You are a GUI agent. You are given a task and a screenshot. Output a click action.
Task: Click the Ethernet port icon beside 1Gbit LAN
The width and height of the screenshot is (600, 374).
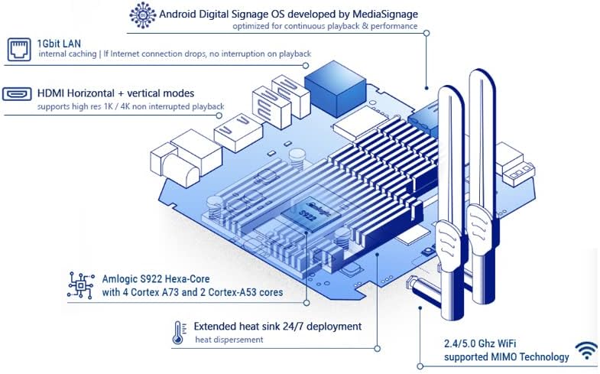click(x=19, y=50)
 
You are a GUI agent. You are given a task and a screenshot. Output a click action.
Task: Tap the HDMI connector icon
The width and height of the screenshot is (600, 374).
click(x=17, y=94)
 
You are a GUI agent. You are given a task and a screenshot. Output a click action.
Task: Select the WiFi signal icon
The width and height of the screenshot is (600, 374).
click(x=586, y=350)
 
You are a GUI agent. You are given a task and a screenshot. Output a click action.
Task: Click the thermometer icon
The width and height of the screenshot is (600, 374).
click(x=178, y=333)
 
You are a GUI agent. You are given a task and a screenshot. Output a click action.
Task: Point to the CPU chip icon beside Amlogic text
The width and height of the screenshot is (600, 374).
click(x=81, y=285)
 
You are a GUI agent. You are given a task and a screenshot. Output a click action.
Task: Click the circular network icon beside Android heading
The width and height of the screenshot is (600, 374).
click(x=143, y=15)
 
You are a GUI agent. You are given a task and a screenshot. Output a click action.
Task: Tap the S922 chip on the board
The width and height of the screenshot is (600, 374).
click(x=311, y=214)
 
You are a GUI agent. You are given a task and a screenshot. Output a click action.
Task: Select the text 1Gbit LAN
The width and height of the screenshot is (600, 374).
click(x=59, y=44)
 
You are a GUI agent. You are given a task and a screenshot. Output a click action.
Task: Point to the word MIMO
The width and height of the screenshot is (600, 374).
click(x=503, y=357)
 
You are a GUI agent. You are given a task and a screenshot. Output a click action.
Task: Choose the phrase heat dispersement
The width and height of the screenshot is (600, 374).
click(x=229, y=340)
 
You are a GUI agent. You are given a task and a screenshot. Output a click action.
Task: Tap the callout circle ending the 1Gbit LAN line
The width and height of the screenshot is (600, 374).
click(x=306, y=66)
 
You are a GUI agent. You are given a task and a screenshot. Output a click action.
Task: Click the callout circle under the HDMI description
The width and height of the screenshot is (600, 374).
click(x=219, y=115)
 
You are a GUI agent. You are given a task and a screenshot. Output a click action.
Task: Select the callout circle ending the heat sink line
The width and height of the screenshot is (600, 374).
click(x=378, y=348)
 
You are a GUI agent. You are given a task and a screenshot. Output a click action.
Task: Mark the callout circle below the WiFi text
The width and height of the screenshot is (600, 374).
click(x=420, y=366)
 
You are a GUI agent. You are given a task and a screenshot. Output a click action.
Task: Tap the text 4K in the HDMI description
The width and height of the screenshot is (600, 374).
click(x=125, y=106)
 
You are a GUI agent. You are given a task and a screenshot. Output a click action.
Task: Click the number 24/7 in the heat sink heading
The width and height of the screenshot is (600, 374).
click(x=294, y=327)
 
